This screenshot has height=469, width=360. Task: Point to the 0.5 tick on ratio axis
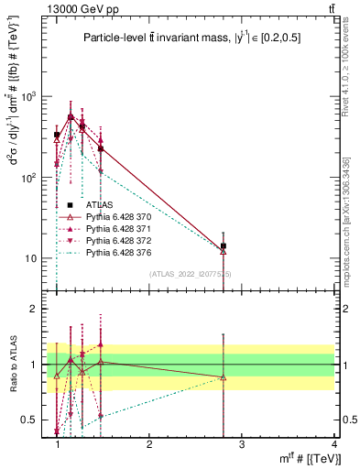pos(34,420)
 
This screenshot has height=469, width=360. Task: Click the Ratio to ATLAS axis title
pos(13,364)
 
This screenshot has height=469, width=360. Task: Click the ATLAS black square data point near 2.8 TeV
pos(224,245)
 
